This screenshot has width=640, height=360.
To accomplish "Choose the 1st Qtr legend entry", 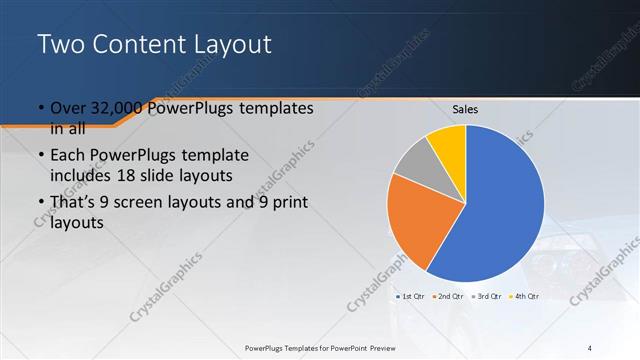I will click(x=413, y=296).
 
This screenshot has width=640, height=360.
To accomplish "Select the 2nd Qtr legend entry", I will click(x=450, y=296).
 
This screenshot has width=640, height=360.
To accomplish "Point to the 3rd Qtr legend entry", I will click(x=487, y=296).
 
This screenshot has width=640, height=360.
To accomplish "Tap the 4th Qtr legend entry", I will click(x=525, y=296).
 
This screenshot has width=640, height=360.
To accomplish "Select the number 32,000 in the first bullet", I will click(x=108, y=108).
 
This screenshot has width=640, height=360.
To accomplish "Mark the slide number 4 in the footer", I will click(x=589, y=347).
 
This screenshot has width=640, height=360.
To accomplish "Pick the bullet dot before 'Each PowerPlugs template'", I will click(x=40, y=157).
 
